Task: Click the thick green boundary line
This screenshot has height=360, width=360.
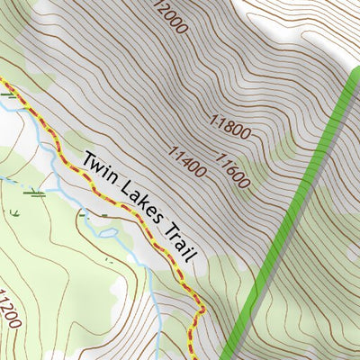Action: tap(297, 198)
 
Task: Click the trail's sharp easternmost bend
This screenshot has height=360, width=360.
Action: tap(203, 311)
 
